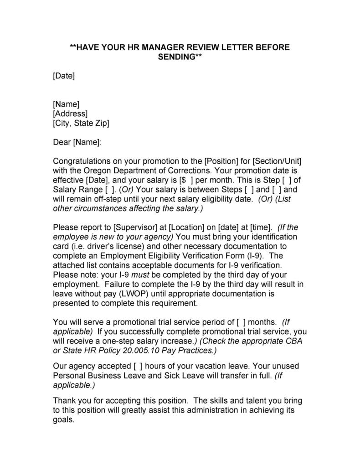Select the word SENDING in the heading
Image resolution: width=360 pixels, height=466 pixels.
(x=177, y=57)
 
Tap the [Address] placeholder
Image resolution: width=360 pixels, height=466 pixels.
(x=70, y=114)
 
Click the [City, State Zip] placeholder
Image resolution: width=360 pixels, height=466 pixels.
(x=81, y=123)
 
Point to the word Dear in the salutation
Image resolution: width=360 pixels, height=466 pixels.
(x=62, y=142)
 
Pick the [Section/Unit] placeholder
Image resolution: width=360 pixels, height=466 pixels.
(x=277, y=161)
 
